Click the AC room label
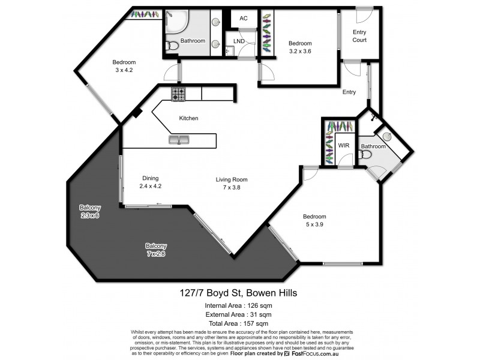tap(244, 19)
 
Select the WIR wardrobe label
tap(344, 145)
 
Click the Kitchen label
tap(188, 118)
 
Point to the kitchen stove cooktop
tap(178, 94)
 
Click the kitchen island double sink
tap(178, 140)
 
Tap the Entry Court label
tap(359, 36)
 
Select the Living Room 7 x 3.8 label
tap(232, 183)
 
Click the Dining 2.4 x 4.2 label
tap(150, 182)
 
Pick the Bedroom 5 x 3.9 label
tap(314, 221)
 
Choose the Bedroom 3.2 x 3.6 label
tap(299, 47)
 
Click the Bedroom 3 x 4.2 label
tap(125, 66)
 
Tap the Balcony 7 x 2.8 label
tap(155, 250)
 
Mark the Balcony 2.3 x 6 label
tap(89, 211)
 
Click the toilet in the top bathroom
tap(172, 44)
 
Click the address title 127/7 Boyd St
tap(240, 293)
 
